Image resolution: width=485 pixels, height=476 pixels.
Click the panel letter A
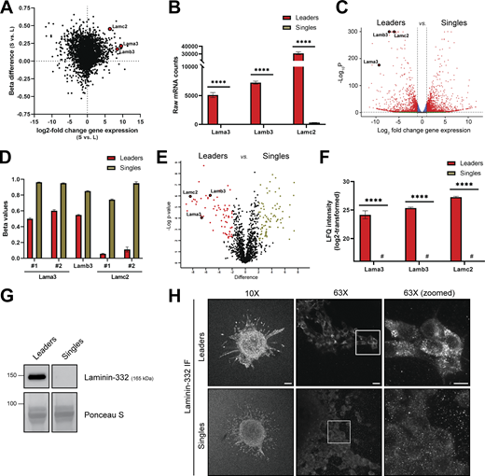(x=7, y=7)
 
